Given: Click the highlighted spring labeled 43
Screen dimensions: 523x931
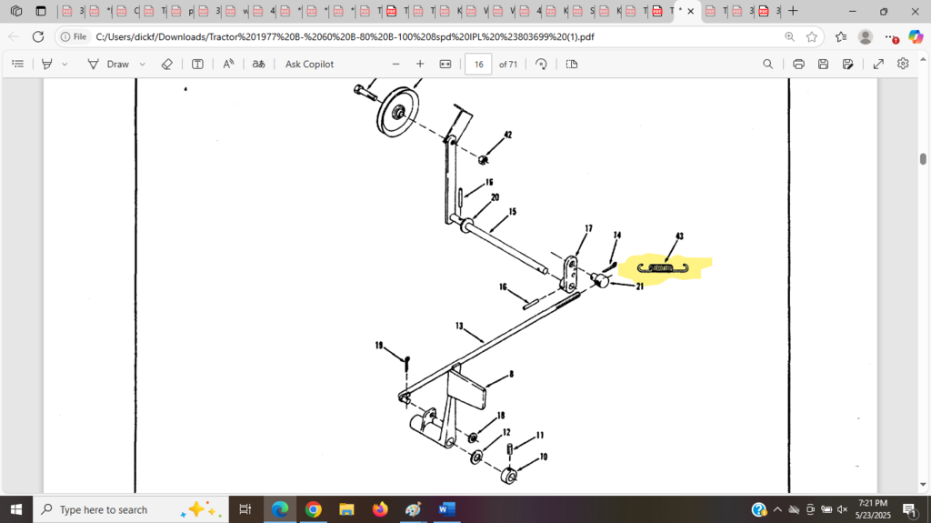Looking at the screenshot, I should point(665,267).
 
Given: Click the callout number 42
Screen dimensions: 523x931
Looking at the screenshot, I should point(508,135).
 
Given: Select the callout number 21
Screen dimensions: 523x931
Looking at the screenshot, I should point(640,287).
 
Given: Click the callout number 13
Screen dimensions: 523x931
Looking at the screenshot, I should point(460,325).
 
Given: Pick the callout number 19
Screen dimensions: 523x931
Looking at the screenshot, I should point(379,346).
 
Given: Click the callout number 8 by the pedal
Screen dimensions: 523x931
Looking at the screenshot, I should point(512,374).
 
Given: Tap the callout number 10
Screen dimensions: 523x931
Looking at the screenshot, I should point(544,457).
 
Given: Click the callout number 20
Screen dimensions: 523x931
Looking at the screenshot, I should point(495,196).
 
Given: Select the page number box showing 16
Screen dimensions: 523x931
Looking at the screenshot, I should point(478,65).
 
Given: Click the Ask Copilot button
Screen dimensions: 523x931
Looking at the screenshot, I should point(309,65).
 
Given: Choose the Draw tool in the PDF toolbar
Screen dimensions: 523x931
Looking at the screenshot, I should point(109,65).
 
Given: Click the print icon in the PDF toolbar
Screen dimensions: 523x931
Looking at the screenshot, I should point(798,65).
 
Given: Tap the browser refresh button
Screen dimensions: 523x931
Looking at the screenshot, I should point(38,36).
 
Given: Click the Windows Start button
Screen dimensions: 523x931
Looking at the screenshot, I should point(16,509).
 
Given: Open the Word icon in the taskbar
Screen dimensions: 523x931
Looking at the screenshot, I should point(446,509).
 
